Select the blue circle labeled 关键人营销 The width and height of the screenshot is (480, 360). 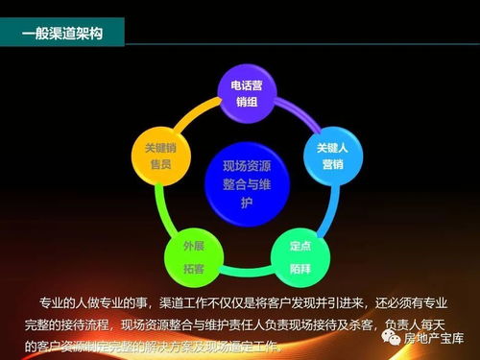coord(325,156)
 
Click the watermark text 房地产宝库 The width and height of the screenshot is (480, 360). coord(433,338)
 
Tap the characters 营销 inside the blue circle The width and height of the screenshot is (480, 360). coord(325,164)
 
